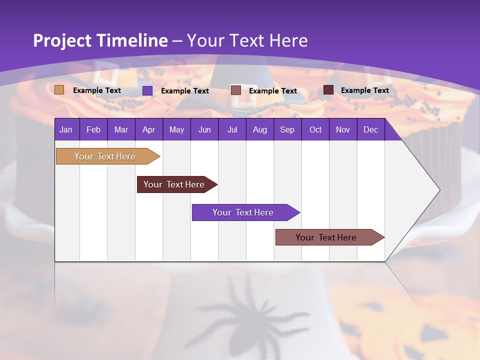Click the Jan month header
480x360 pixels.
point(66,129)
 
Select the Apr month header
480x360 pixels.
point(149,129)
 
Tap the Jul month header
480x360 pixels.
point(232,129)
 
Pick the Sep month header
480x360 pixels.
point(287,129)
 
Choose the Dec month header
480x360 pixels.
point(370,129)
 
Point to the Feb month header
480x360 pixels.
point(93,129)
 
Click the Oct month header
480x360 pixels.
point(315,129)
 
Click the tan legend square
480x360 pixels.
point(59,90)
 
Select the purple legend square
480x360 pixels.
point(147,90)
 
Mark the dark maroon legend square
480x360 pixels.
point(328,90)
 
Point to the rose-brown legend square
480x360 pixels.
point(236,90)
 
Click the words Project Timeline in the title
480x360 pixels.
point(100,40)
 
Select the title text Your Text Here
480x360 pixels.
point(247,40)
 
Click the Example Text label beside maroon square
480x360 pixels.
point(364,90)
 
